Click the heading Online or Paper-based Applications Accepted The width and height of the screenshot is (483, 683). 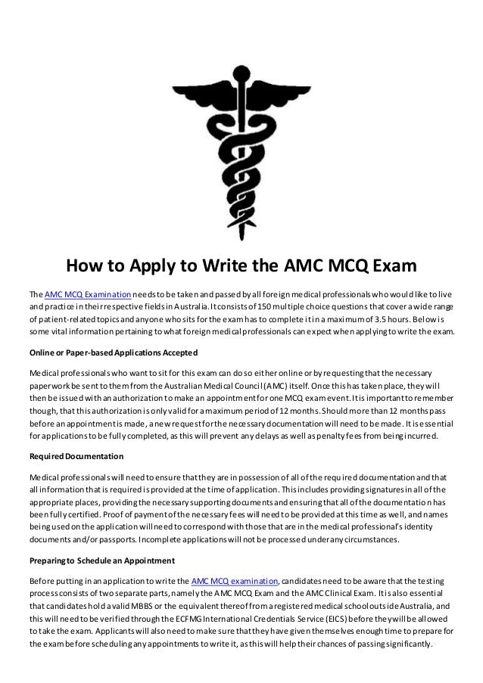click(113, 353)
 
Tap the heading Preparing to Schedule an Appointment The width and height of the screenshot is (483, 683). click(101, 560)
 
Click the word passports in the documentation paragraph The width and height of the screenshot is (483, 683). click(85, 540)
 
